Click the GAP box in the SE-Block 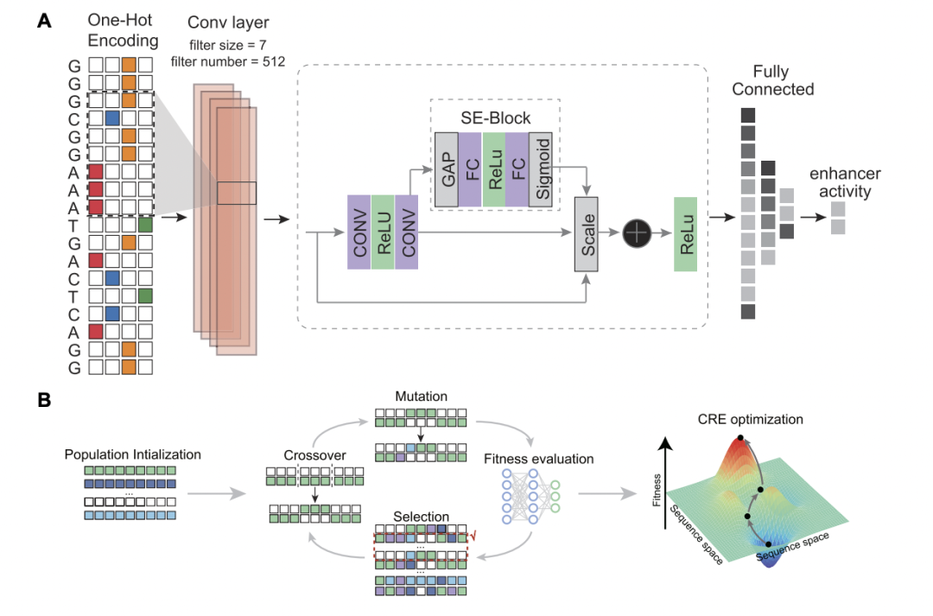tap(447, 169)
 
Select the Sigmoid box tap(540, 169)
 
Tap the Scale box tap(586, 234)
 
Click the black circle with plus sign tap(637, 232)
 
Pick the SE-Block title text tap(496, 117)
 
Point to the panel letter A tap(44, 21)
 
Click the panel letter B tap(44, 400)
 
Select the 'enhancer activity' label tap(845, 182)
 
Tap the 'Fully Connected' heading tap(772, 80)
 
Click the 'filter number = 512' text tap(228, 62)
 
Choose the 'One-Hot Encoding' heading tap(123, 30)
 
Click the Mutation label tap(422, 397)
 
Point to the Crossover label tap(314, 455)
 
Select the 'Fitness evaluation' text tap(538, 459)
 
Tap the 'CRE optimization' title tap(751, 420)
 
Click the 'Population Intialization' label tap(133, 454)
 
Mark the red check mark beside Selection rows tap(473, 537)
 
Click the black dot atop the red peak tap(740, 437)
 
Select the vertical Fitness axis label tap(657, 490)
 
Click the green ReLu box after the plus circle tap(685, 234)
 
